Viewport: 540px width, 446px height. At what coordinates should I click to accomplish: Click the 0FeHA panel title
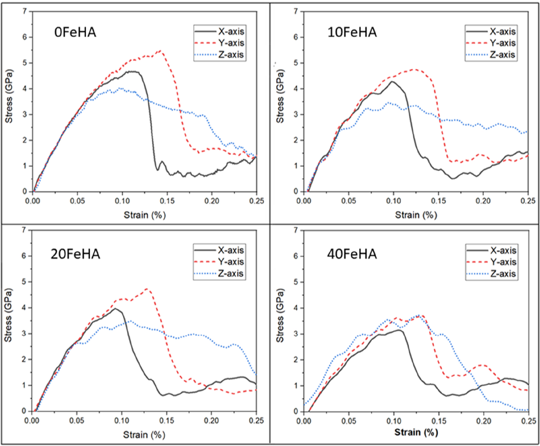point(75,32)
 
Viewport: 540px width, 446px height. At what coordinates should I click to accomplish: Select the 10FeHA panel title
point(352,32)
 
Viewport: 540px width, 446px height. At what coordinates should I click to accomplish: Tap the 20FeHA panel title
point(75,254)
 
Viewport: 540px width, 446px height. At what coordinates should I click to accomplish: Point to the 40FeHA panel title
point(352,254)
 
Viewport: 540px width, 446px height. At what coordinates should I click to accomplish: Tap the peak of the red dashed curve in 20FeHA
point(148,288)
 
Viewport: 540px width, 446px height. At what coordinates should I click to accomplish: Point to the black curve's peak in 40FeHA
point(399,330)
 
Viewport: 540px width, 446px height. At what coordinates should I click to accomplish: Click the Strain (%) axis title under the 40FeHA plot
point(416,432)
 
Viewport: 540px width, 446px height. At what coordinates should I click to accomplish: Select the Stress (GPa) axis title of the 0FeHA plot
point(9,97)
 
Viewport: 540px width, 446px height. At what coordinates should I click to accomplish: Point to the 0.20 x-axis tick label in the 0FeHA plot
point(212,201)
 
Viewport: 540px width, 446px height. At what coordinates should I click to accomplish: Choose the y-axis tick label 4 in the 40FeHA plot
point(295,308)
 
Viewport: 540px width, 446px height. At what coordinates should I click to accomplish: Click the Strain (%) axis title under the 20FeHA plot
point(144,435)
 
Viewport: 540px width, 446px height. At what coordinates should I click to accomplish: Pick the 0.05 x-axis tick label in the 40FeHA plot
point(348,421)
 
